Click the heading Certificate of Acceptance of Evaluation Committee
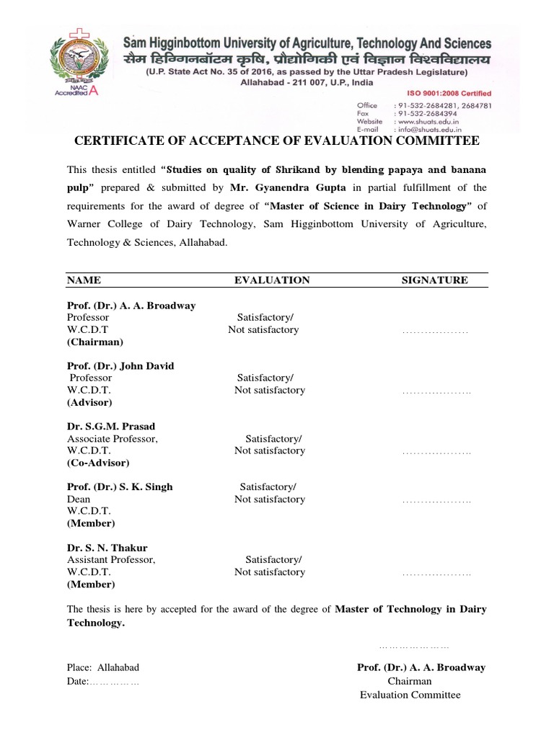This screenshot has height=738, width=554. (x=277, y=141)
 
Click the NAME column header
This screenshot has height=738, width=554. (x=84, y=280)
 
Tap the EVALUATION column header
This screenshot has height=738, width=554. (x=272, y=280)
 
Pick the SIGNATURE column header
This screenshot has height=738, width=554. (x=434, y=280)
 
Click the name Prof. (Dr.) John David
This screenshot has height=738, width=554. (x=120, y=365)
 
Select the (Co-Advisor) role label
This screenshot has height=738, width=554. (x=98, y=463)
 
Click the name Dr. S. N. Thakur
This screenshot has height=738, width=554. (x=107, y=548)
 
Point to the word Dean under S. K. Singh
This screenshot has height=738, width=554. (x=79, y=499)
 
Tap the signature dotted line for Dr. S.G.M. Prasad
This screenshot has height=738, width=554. (x=436, y=452)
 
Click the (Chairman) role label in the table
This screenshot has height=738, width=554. (x=95, y=342)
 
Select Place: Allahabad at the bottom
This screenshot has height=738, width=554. (x=103, y=667)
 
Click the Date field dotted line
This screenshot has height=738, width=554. (x=113, y=682)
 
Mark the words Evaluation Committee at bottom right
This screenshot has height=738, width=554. (x=410, y=695)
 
